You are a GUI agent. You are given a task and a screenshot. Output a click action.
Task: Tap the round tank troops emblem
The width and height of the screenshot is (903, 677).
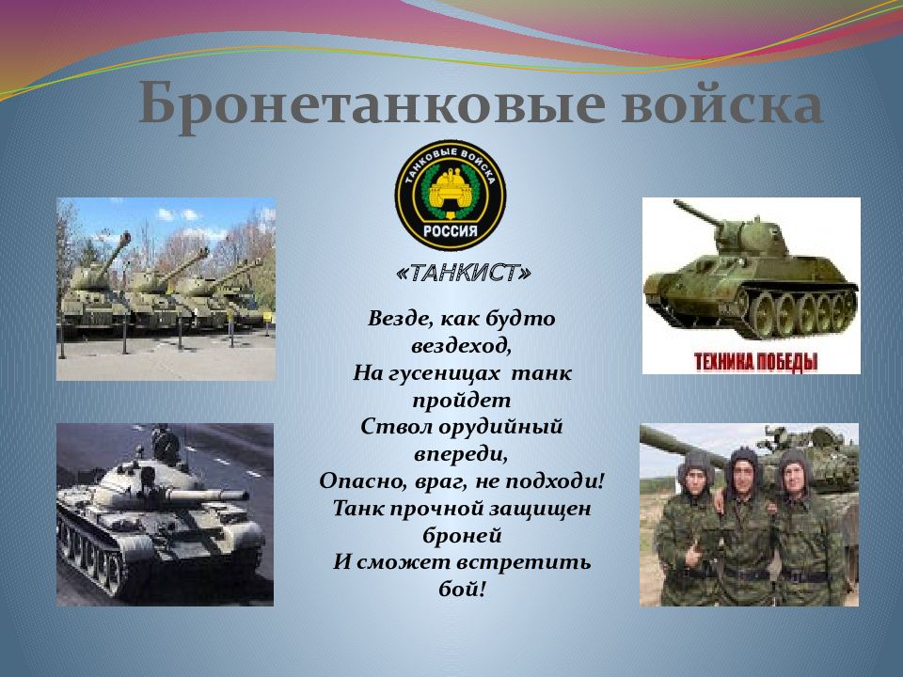pyautogui.click(x=450, y=195)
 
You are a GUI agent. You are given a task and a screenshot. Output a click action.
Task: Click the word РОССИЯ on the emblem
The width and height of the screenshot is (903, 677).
pyautogui.click(x=450, y=229)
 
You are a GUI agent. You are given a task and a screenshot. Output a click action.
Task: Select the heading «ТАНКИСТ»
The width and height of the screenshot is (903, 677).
pyautogui.click(x=464, y=273)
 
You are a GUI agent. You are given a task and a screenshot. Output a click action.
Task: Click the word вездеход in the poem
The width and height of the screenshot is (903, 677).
pyautogui.click(x=460, y=345)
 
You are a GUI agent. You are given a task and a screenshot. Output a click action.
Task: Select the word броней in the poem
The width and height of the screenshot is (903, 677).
pyautogui.click(x=461, y=535)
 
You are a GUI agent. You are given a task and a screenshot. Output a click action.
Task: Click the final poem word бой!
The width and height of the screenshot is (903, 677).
pyautogui.click(x=461, y=590)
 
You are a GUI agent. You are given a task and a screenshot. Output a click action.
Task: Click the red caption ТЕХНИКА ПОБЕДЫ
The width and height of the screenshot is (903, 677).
pyautogui.click(x=755, y=361)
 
